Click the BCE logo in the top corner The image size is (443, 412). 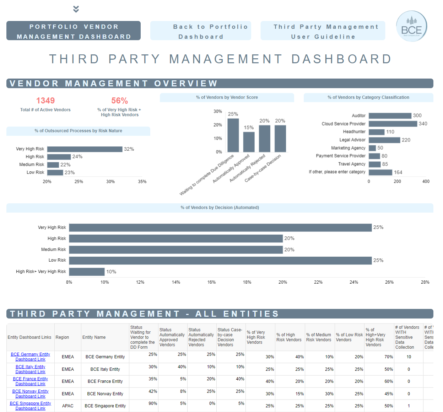tap(411, 26)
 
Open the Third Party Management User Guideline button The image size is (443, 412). tap(323, 31)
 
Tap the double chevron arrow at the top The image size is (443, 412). tap(76, 9)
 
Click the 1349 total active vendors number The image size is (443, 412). tap(45, 101)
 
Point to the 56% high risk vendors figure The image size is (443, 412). tap(119, 101)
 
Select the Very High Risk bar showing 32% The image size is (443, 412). tap(85, 149)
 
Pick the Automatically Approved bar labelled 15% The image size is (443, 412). tap(249, 142)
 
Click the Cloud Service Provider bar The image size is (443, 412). tap(393, 124)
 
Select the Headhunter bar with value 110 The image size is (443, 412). tap(377, 132)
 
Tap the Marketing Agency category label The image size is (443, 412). tap(348, 148)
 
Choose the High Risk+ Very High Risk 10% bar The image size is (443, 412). tap(87, 272)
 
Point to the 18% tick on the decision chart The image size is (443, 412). tap(247, 282)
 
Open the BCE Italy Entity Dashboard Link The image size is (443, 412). tap(31, 369)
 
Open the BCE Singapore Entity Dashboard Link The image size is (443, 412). tap(31, 406)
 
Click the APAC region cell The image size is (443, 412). tap(68, 406)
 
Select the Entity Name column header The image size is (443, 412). tap(94, 337)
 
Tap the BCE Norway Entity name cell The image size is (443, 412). tap(105, 394)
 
